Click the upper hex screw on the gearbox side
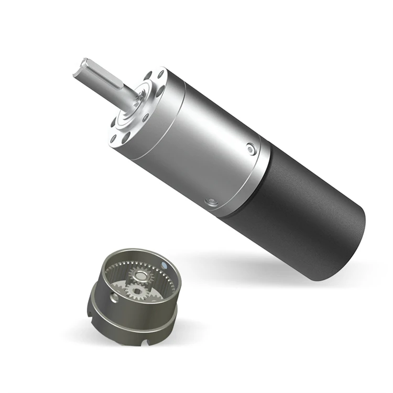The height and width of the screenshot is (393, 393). tap(251, 149)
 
